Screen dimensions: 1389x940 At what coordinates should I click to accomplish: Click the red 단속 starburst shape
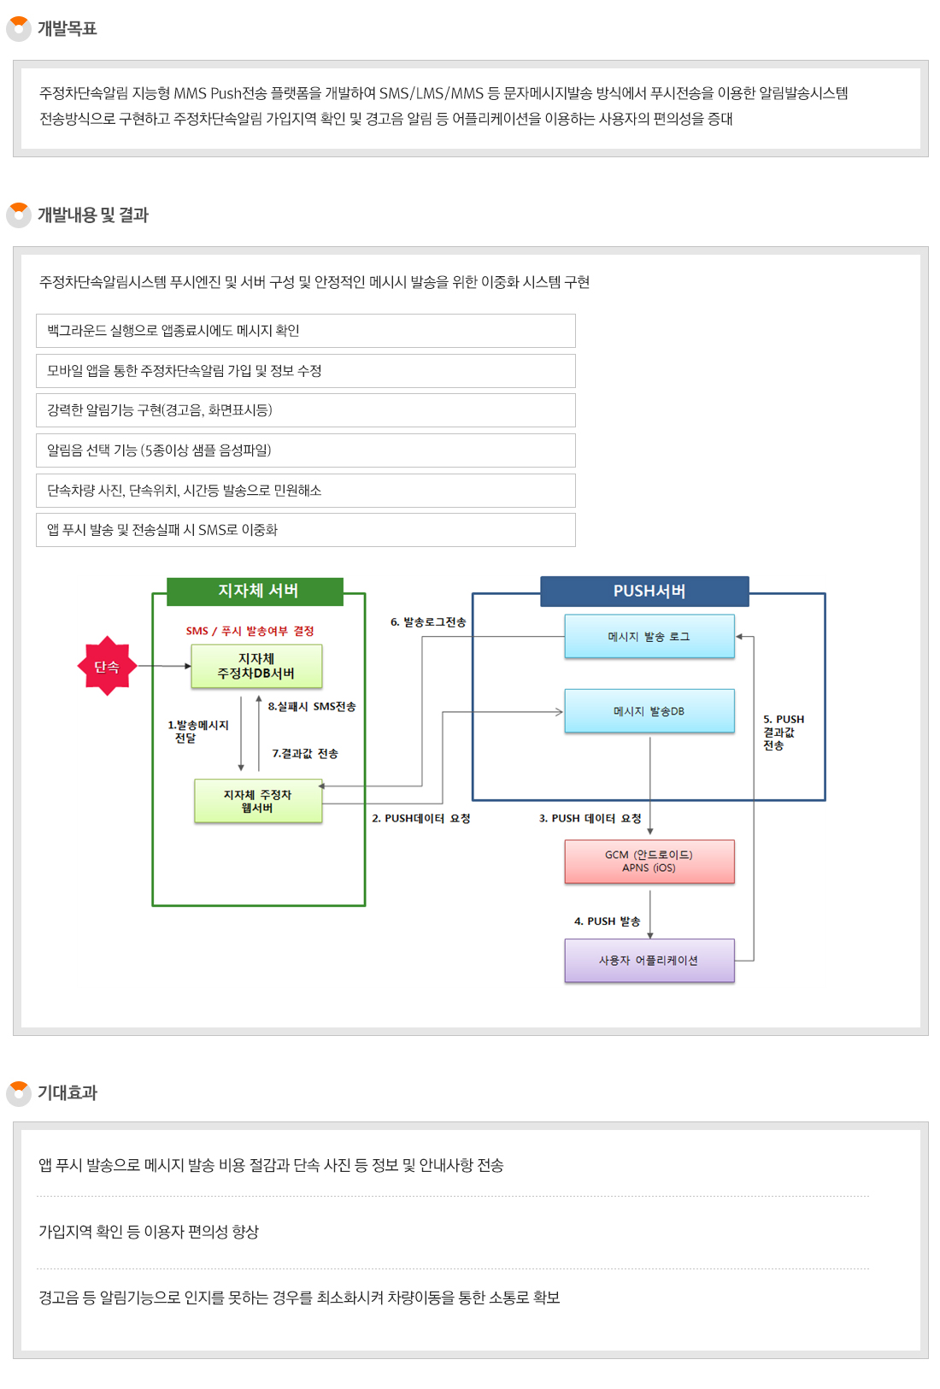pyautogui.click(x=107, y=666)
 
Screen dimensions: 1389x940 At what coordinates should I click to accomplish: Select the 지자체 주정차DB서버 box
pyautogui.click(x=256, y=666)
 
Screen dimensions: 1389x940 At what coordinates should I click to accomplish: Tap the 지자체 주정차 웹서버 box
pyautogui.click(x=258, y=801)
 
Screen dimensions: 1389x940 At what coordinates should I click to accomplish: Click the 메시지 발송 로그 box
pyautogui.click(x=649, y=636)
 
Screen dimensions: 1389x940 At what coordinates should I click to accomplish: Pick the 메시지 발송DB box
pyautogui.click(x=649, y=710)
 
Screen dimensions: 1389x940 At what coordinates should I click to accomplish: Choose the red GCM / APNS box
pyautogui.click(x=649, y=861)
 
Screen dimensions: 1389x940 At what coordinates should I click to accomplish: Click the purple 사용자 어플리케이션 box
pyautogui.click(x=649, y=960)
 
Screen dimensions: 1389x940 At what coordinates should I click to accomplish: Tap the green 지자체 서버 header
pyautogui.click(x=256, y=591)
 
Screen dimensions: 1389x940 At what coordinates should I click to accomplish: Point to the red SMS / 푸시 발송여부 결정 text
pyautogui.click(x=250, y=631)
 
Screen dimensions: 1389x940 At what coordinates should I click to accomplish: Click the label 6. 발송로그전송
pyautogui.click(x=428, y=622)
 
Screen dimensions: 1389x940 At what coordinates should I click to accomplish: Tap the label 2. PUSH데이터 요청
pyautogui.click(x=421, y=818)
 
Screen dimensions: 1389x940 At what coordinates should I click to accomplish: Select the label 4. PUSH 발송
pyautogui.click(x=607, y=921)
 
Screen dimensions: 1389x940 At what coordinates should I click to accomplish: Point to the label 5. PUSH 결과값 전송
pyautogui.click(x=783, y=732)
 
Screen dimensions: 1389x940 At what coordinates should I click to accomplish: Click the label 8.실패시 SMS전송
pyautogui.click(x=311, y=706)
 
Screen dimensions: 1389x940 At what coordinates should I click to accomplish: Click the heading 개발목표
pyautogui.click(x=67, y=28)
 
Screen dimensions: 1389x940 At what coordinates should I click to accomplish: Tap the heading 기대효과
pyautogui.click(x=67, y=1092)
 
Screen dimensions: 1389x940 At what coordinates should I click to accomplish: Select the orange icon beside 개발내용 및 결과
pyautogui.click(x=18, y=215)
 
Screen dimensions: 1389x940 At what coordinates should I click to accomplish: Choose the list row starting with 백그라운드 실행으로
pyautogui.click(x=305, y=331)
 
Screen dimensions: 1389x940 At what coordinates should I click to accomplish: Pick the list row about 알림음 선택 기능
pyautogui.click(x=305, y=450)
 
